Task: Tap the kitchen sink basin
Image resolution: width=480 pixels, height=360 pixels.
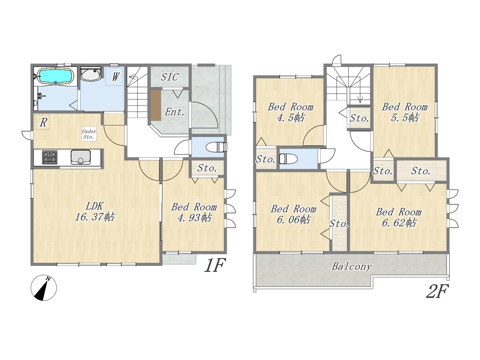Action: [x=80, y=157]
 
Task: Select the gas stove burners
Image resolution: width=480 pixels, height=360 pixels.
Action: [x=49, y=157]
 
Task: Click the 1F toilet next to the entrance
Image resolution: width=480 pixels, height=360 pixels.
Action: [x=216, y=147]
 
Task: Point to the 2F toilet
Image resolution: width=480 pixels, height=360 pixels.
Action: [x=288, y=159]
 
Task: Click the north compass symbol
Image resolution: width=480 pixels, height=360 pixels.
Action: [x=44, y=288]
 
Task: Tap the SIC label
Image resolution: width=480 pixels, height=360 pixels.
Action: [x=170, y=77]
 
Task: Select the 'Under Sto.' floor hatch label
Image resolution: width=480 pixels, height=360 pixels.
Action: [x=89, y=134]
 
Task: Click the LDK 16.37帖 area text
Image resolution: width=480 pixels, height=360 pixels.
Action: [x=95, y=211]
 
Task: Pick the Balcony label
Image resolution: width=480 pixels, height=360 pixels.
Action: [x=352, y=267]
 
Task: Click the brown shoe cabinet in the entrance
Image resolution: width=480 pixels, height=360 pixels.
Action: [x=156, y=105]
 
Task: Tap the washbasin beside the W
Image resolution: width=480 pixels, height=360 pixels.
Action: [x=90, y=74]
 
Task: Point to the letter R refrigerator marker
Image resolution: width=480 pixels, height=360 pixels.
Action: [x=43, y=123]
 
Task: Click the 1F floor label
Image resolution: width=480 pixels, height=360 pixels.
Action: [x=215, y=265]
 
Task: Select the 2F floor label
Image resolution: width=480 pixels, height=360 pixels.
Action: [x=437, y=291]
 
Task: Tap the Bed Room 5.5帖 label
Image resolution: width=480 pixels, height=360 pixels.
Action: [x=405, y=112]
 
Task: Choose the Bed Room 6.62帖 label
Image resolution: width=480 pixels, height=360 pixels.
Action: [x=399, y=217]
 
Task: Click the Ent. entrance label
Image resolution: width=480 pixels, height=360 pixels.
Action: [x=174, y=112]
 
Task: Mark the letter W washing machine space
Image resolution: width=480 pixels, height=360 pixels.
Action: [x=115, y=77]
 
